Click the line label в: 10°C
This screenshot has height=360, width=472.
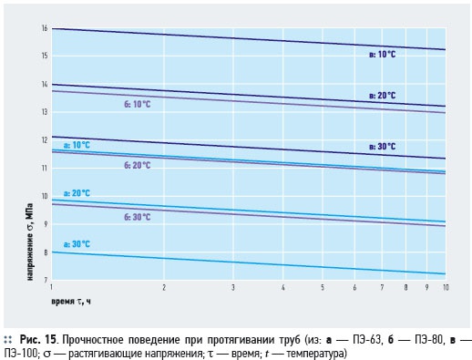[383, 55]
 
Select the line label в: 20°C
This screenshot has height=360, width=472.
[383, 96]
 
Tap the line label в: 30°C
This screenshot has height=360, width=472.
[383, 147]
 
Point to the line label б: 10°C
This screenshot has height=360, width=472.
[138, 104]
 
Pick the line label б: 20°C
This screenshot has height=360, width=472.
[138, 166]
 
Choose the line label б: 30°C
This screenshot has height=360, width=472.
[138, 217]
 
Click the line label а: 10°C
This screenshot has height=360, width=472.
[77, 145]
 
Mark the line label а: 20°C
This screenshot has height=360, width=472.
[77, 193]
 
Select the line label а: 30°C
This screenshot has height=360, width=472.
[77, 244]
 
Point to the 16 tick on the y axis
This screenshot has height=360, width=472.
[45, 28]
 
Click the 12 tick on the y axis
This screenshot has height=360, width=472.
[45, 140]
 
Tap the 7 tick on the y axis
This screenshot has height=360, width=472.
[46, 280]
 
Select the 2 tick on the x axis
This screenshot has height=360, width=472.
[164, 287]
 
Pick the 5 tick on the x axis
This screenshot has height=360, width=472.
[323, 287]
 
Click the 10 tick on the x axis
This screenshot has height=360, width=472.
[446, 287]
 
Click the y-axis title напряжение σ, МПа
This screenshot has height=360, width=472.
[30, 242]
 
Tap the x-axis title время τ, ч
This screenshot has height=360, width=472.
[71, 302]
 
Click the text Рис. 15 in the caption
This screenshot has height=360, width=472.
[37, 339]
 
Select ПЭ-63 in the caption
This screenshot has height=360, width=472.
[367, 339]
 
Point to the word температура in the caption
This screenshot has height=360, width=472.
[315, 354]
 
